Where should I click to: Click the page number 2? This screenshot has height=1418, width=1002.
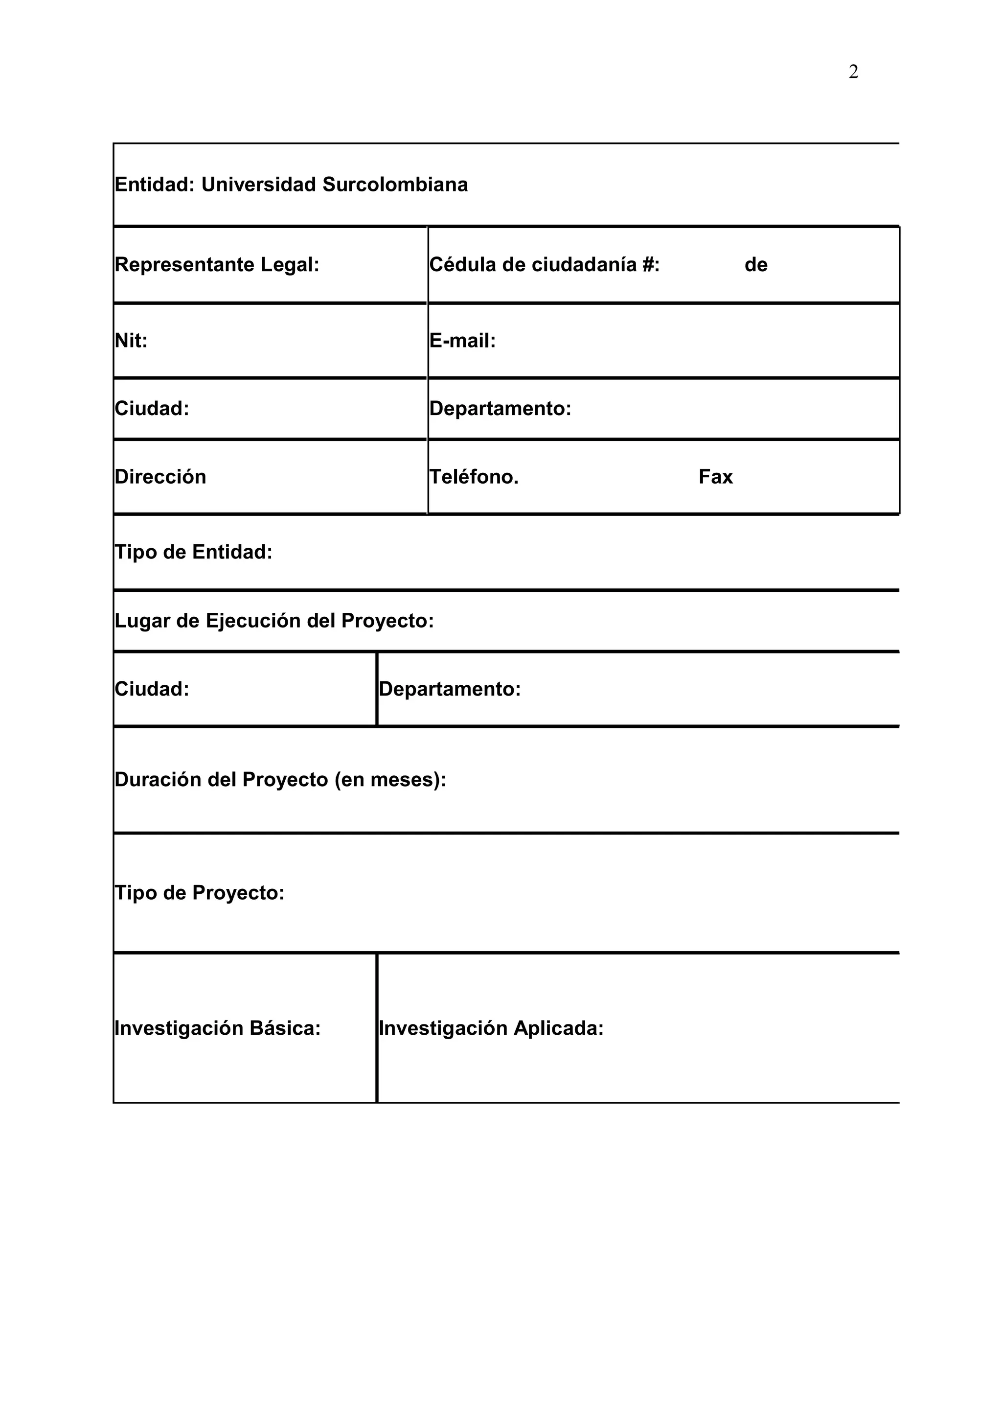853,72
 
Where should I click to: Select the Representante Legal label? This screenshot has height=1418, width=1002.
217,265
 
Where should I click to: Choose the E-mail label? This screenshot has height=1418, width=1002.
462,341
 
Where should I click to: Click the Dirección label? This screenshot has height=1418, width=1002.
160,477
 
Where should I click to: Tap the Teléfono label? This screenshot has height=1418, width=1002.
474,477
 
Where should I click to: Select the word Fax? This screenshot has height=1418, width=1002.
715,477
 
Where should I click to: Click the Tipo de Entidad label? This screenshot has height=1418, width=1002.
193,552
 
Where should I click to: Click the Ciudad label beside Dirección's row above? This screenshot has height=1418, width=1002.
152,409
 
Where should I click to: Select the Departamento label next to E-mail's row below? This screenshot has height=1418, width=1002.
500,409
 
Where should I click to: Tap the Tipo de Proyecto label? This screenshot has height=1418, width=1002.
200,893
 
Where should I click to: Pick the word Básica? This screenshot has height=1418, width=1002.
285,1028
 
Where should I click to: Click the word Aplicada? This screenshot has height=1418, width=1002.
558,1028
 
